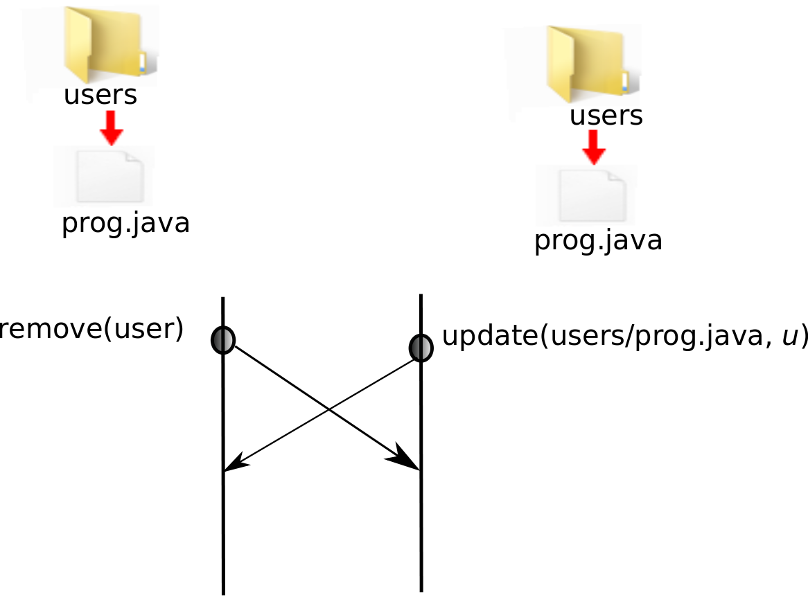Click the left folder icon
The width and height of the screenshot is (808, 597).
click(104, 45)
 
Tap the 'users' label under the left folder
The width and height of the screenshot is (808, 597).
click(100, 96)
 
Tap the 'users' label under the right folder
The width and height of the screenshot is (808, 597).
click(606, 116)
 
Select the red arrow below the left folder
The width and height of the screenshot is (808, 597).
click(111, 127)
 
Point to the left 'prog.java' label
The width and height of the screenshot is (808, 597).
click(125, 223)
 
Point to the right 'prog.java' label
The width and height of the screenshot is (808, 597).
click(598, 240)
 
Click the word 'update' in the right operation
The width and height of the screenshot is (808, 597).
click(489, 336)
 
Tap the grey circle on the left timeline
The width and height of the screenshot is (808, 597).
click(222, 339)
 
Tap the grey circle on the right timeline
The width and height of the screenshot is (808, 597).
click(421, 348)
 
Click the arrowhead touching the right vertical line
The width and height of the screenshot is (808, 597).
click(407, 461)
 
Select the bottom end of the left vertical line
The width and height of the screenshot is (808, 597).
click(223, 591)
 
